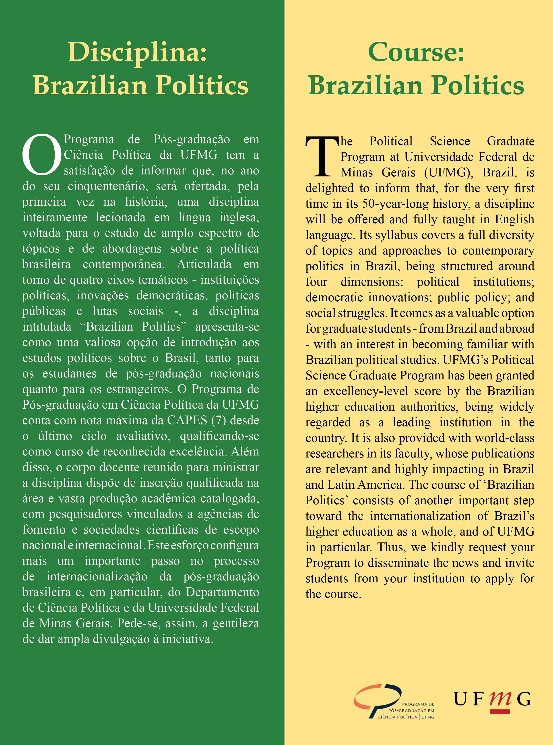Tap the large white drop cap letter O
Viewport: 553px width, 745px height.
coord(42,155)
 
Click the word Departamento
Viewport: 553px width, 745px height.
coord(222,592)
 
